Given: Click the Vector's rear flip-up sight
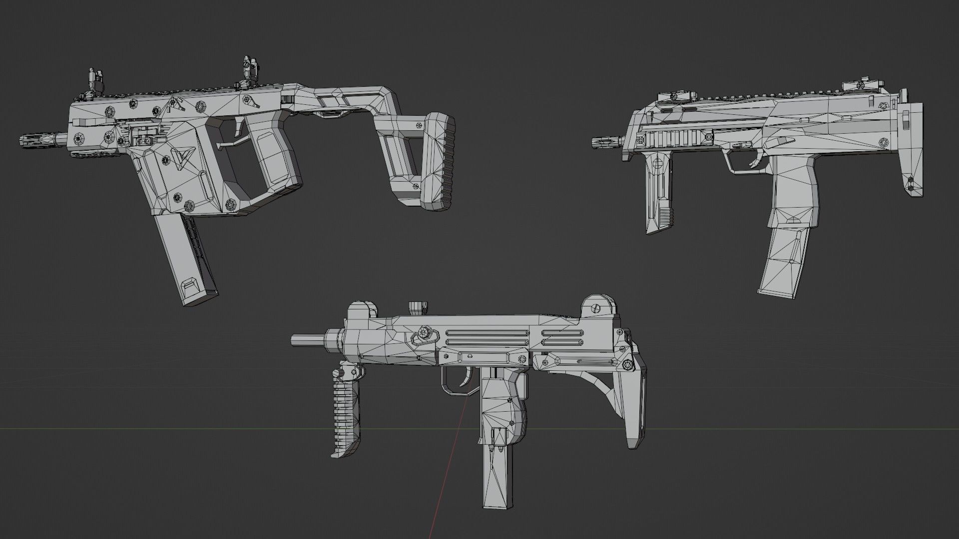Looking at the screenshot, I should click(x=248, y=68).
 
